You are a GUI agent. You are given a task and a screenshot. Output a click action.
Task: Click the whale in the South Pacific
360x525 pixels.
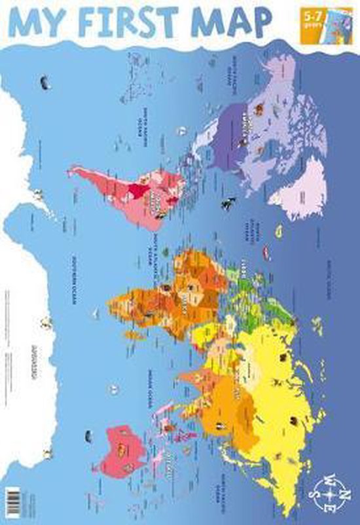[x=46, y=83]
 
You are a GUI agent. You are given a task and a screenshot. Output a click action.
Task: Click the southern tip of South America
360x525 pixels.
[x=73, y=172]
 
